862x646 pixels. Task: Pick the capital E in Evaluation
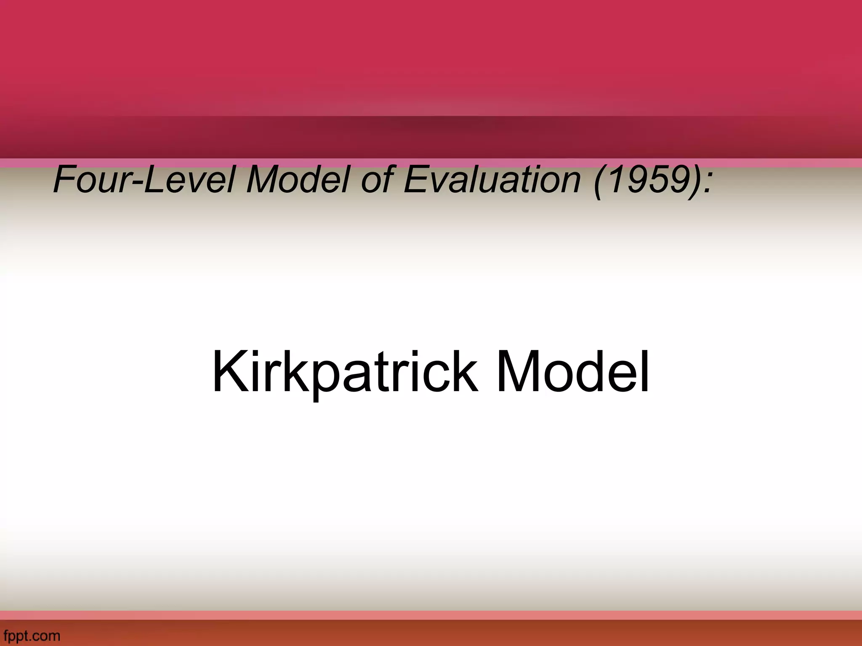(415, 180)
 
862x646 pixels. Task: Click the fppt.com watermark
(31, 635)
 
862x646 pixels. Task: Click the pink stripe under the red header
(431, 163)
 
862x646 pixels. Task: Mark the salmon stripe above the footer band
(431, 615)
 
